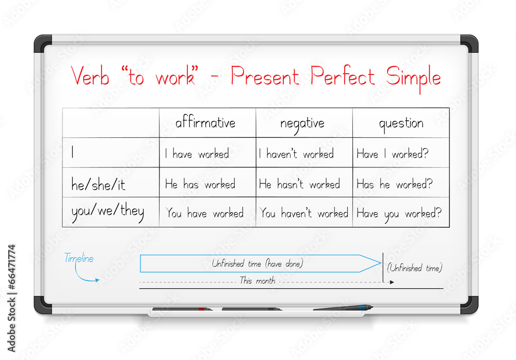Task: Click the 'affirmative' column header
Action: click(205, 123)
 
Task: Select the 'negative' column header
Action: click(302, 123)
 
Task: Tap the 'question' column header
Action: click(401, 123)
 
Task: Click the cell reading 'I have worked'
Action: click(197, 153)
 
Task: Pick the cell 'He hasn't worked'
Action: click(299, 184)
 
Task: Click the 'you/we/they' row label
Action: click(107, 212)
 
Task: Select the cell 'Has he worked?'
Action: click(394, 184)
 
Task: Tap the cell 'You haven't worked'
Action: click(304, 213)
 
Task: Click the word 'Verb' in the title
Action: click(91, 76)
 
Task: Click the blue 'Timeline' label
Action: click(79, 259)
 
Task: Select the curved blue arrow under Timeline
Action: click(88, 277)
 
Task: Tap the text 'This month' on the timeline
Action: click(257, 281)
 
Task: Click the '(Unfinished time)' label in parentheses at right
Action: click(414, 268)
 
